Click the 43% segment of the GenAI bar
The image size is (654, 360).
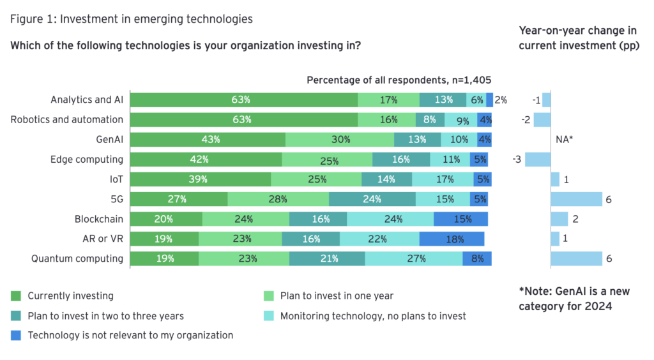click(x=208, y=139)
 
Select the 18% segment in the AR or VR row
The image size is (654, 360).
click(x=452, y=239)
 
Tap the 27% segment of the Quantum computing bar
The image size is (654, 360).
click(x=414, y=259)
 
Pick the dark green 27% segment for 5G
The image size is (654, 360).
click(x=179, y=199)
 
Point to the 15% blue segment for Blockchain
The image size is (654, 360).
click(x=460, y=219)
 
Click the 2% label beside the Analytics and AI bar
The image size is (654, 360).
click(x=501, y=100)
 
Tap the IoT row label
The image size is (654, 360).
click(x=116, y=179)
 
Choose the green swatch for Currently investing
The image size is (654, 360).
click(x=16, y=296)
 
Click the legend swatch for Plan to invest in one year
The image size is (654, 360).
click(x=269, y=296)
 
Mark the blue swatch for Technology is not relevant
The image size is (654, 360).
click(x=16, y=335)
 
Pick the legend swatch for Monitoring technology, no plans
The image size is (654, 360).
click(x=269, y=315)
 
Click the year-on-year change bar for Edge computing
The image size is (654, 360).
click(x=534, y=159)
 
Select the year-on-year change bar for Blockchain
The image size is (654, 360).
click(x=559, y=219)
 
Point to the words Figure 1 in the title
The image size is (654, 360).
click(x=30, y=19)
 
